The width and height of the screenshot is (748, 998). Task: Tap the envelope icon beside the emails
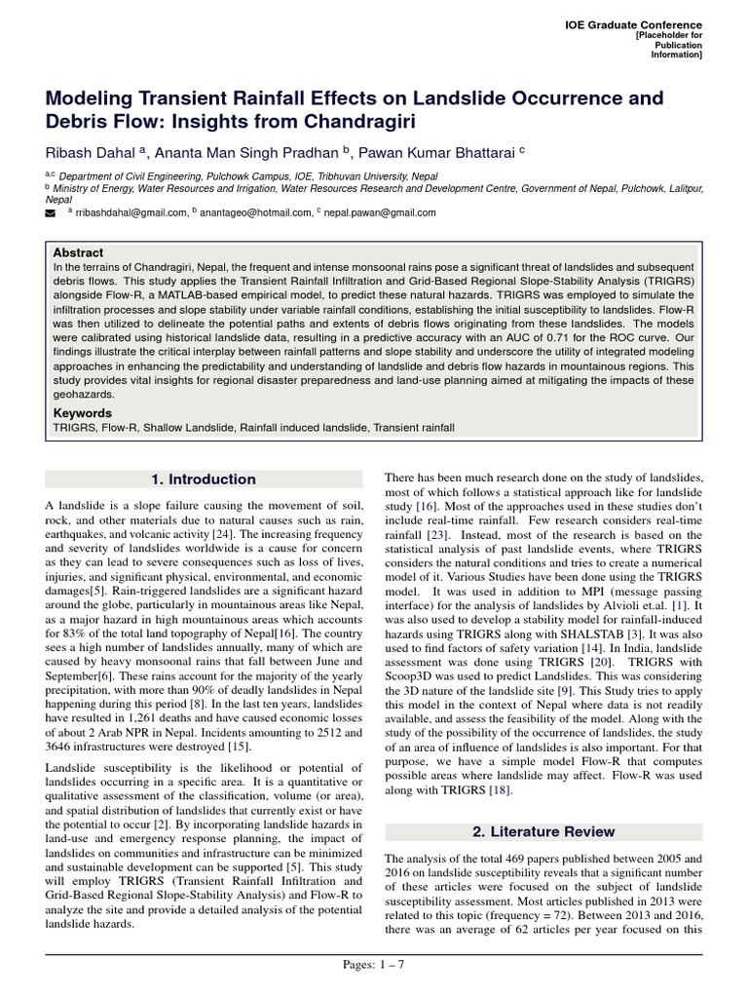52,211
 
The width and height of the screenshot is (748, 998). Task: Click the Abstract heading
78,252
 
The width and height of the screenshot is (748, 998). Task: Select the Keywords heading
82,413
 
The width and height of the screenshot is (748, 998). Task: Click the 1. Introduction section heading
204,480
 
